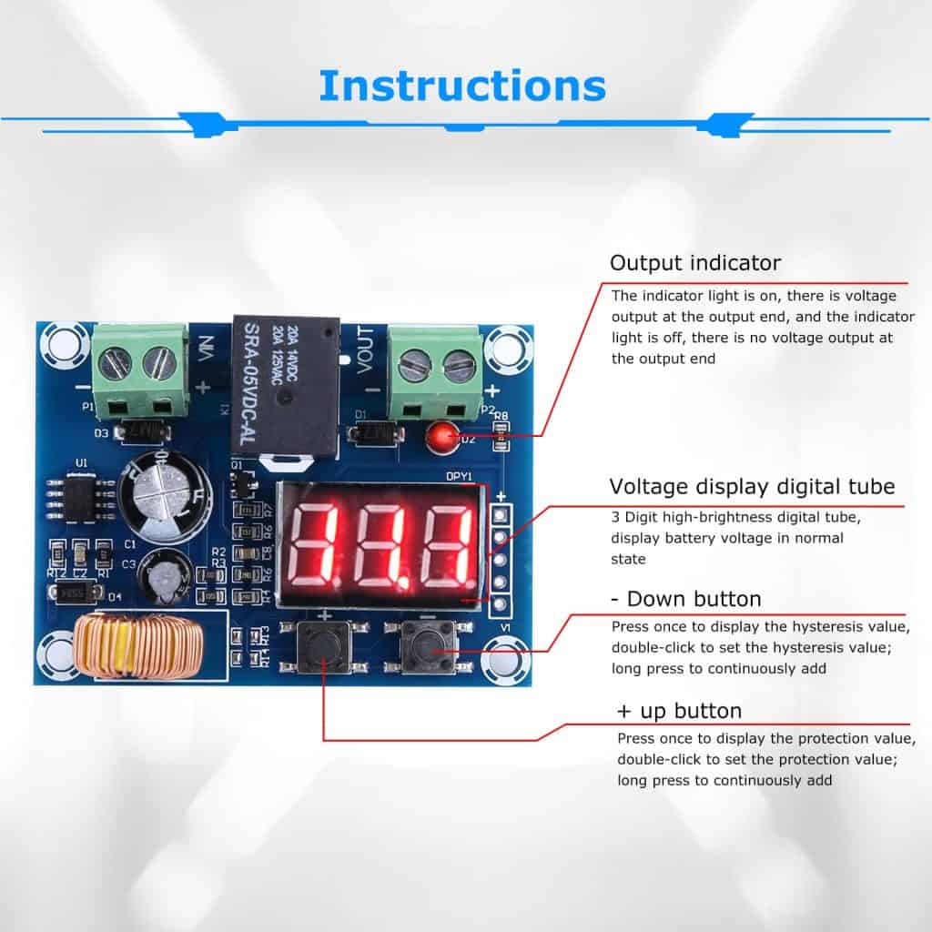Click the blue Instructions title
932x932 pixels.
tap(461, 86)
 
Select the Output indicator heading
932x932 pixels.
tap(694, 264)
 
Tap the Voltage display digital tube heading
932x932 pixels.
tap(752, 486)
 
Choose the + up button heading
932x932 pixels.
tap(679, 711)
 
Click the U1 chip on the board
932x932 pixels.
tap(82, 494)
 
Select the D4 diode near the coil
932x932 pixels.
tap(76, 593)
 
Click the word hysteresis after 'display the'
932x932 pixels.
tap(818, 627)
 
